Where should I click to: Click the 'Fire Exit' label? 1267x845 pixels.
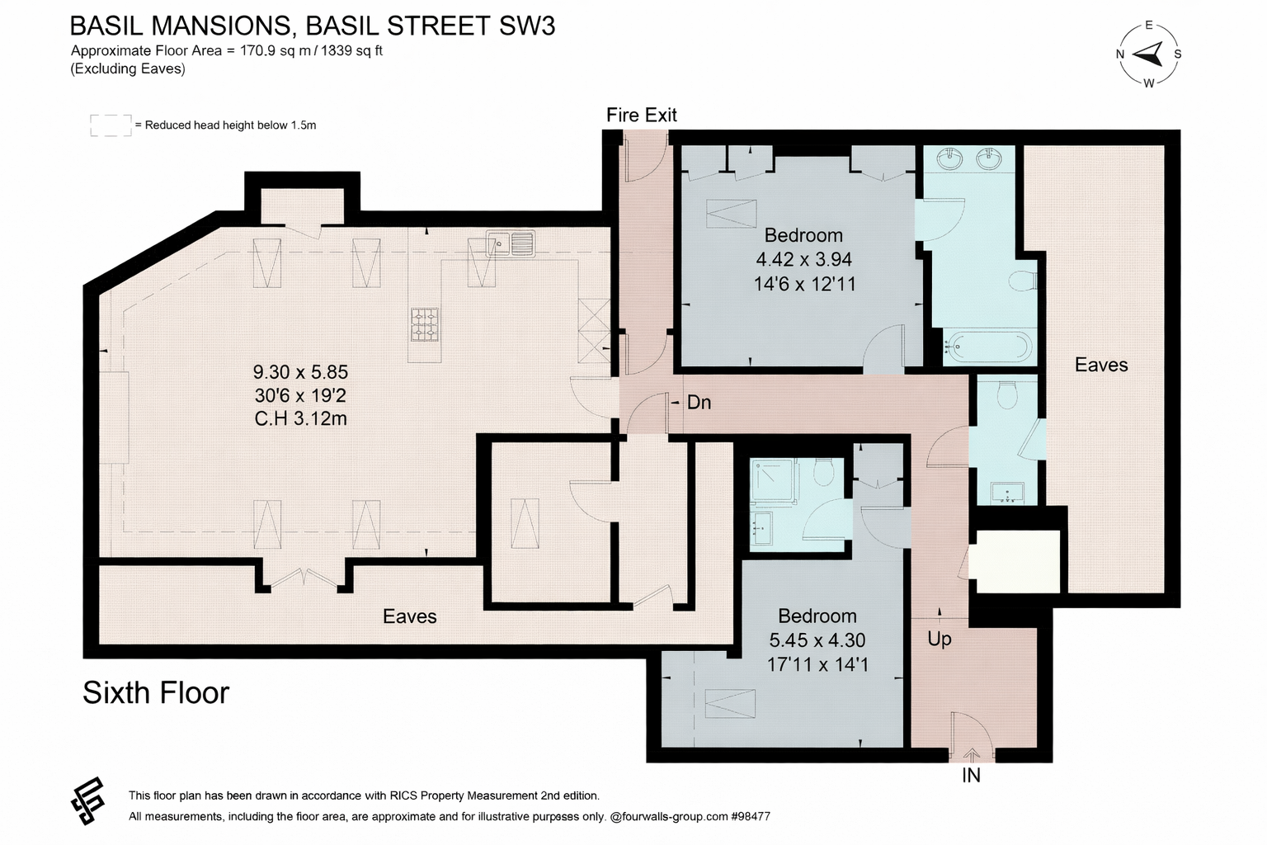642,115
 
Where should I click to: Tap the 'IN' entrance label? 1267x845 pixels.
971,776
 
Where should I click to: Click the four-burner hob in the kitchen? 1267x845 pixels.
424,324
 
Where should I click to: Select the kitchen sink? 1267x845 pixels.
511,244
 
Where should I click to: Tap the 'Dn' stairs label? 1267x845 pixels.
699,403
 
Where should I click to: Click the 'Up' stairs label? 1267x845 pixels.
940,639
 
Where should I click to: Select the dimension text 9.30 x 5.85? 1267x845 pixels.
300,372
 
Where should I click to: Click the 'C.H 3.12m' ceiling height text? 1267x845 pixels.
300,419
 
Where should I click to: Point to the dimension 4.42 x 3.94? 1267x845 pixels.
803,259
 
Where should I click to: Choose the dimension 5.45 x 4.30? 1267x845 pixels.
817,640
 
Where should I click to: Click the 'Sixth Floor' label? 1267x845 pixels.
156,693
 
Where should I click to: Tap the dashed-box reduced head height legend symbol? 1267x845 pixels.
111,125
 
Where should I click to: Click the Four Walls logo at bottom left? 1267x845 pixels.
88,800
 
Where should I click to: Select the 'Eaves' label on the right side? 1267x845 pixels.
1101,365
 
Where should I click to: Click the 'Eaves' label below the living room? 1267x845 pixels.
409,616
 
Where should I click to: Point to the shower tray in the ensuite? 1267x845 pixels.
772,479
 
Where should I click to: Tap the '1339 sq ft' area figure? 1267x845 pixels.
352,51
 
